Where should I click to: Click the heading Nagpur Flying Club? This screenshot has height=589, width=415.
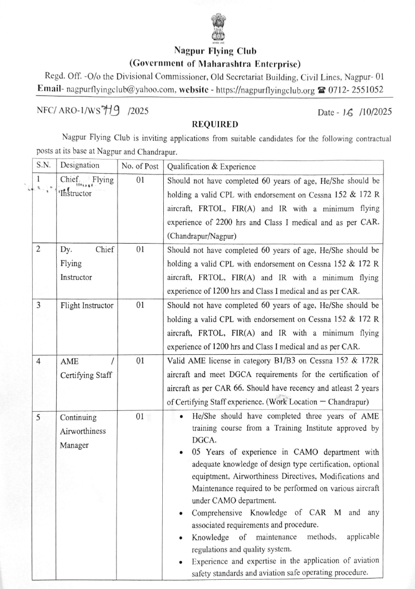click(x=215, y=51)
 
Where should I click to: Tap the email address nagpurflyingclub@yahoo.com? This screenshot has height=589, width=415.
click(x=122, y=89)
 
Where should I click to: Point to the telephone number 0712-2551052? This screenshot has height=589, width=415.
click(x=355, y=89)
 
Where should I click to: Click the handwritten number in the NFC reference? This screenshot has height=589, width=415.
click(x=111, y=111)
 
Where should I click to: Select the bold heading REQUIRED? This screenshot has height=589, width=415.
click(x=215, y=125)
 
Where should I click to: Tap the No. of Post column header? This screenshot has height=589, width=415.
click(x=139, y=167)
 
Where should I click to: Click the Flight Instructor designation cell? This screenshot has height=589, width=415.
click(x=87, y=305)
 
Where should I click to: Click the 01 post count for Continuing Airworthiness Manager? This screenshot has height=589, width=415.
click(x=139, y=416)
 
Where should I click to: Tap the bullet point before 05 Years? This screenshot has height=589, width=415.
click(x=180, y=452)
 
